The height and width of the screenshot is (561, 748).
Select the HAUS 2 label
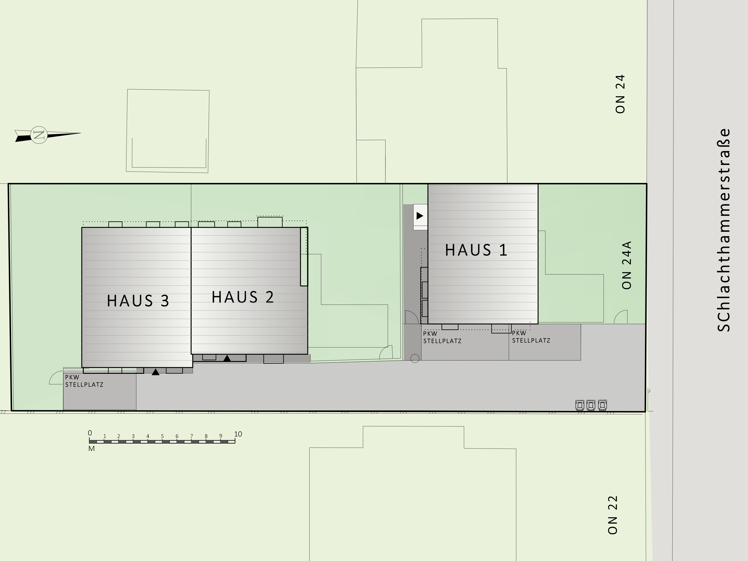(x=243, y=297)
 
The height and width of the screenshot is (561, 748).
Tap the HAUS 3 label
(x=138, y=301)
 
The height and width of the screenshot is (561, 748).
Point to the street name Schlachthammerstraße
(x=724, y=230)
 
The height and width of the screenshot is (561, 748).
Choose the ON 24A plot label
(x=627, y=265)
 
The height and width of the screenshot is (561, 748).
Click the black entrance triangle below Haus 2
(x=227, y=358)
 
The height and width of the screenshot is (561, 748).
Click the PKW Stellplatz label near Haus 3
(x=84, y=381)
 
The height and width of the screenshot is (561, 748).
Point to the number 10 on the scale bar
(x=238, y=434)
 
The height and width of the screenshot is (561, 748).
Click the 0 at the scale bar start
(x=90, y=433)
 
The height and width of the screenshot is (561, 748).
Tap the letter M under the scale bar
(x=91, y=449)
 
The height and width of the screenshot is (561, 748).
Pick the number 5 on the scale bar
(x=162, y=436)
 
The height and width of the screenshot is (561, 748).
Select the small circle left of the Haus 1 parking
(x=415, y=358)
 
